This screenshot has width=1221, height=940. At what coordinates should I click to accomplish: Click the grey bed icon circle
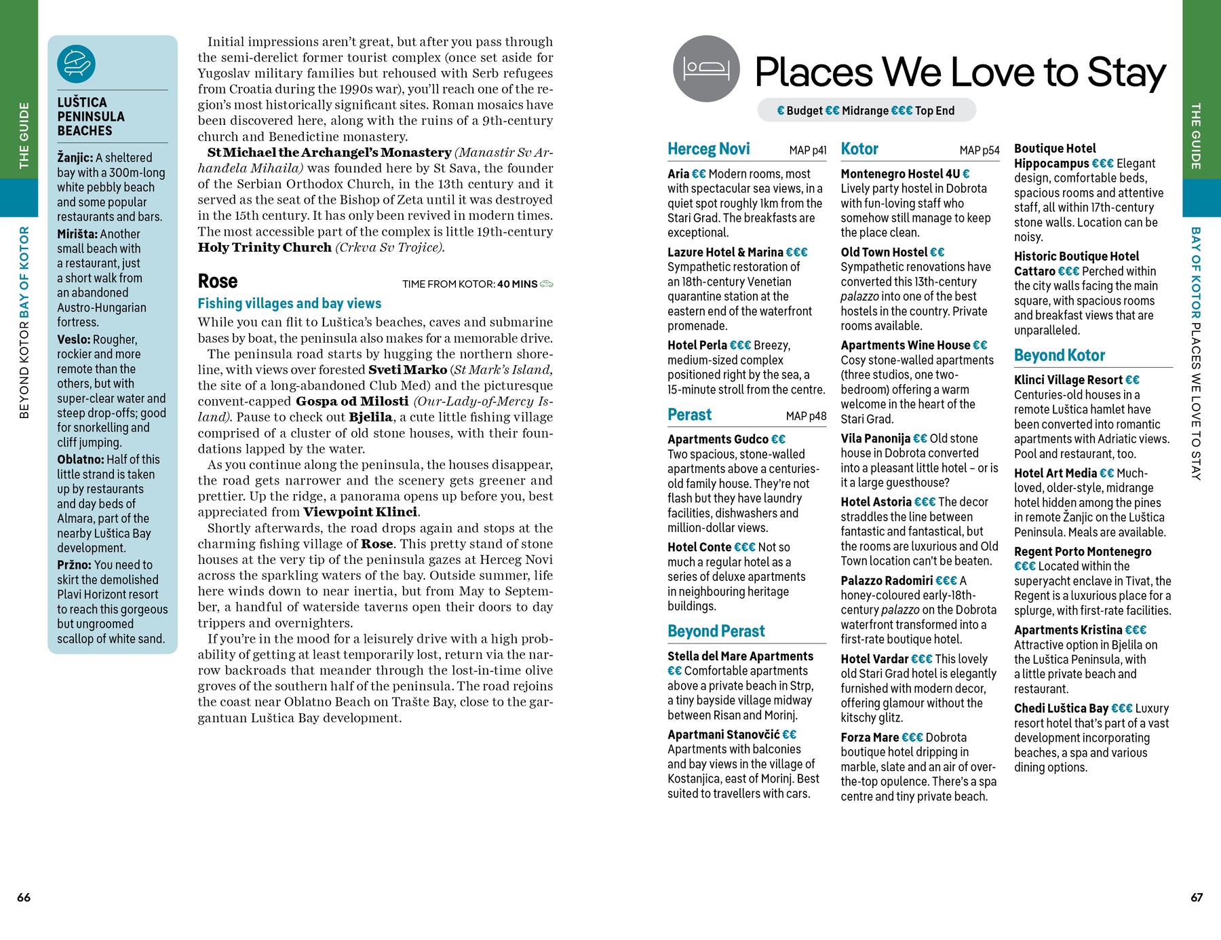pyautogui.click(x=706, y=69)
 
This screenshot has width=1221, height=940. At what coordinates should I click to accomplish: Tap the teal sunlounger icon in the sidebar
pyautogui.click(x=76, y=64)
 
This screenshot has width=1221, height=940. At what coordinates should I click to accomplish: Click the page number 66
pyautogui.click(x=24, y=897)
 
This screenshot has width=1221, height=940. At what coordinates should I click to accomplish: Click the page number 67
pyautogui.click(x=1197, y=897)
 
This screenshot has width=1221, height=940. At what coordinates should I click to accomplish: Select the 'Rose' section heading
pyautogui.click(x=217, y=282)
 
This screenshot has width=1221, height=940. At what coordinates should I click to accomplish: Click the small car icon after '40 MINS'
pyautogui.click(x=547, y=284)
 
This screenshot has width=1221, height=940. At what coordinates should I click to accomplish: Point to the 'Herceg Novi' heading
pyautogui.click(x=708, y=149)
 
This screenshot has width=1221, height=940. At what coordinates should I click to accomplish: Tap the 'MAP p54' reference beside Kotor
pyautogui.click(x=979, y=151)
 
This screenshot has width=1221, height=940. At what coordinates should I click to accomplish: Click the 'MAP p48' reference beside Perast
pyautogui.click(x=806, y=416)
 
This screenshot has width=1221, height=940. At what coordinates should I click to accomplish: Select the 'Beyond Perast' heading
pyautogui.click(x=716, y=632)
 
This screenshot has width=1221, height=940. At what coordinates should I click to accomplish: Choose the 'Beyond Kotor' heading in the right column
pyautogui.click(x=1059, y=356)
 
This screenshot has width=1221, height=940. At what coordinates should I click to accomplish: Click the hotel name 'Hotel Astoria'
pyautogui.click(x=876, y=502)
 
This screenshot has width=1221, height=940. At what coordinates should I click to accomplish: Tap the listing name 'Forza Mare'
pyautogui.click(x=870, y=738)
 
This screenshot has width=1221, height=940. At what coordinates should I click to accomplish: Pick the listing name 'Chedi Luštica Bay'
pyautogui.click(x=1061, y=709)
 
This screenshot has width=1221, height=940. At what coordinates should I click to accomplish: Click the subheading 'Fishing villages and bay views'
pyautogui.click(x=289, y=304)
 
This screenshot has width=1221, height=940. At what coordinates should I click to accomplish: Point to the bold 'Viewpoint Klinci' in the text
pyautogui.click(x=360, y=512)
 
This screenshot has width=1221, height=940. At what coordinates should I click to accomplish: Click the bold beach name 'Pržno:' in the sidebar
pyautogui.click(x=74, y=565)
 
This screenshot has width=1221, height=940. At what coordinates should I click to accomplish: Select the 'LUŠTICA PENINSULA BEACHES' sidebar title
pyautogui.click(x=91, y=117)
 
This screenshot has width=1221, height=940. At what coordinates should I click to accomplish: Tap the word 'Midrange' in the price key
pyautogui.click(x=865, y=111)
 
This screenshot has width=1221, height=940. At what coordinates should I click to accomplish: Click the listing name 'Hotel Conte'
pyautogui.click(x=699, y=548)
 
